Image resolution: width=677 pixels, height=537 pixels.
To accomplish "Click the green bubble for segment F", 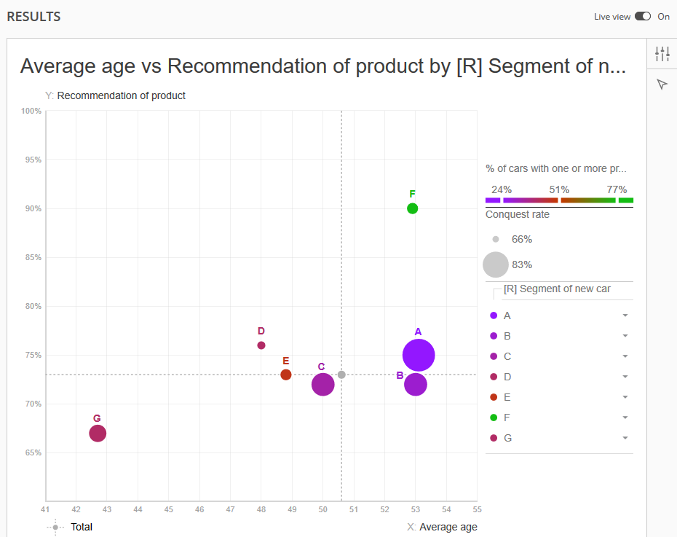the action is pyautogui.click(x=412, y=208).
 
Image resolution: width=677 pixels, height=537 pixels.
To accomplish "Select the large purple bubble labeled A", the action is pyautogui.click(x=419, y=355).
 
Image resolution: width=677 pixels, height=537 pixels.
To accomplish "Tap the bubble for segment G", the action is pyautogui.click(x=98, y=434).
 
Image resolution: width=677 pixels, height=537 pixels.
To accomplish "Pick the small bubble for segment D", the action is pyautogui.click(x=261, y=345).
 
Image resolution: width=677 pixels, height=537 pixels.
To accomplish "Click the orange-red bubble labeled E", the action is pyautogui.click(x=286, y=375).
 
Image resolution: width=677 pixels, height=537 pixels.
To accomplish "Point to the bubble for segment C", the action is pyautogui.click(x=323, y=384).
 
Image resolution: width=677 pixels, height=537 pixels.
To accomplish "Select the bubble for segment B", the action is pyautogui.click(x=416, y=384).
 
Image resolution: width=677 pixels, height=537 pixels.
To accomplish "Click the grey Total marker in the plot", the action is pyautogui.click(x=341, y=375).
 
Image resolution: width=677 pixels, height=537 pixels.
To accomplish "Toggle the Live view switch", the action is pyautogui.click(x=643, y=17).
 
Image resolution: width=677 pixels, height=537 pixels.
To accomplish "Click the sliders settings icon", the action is pyautogui.click(x=662, y=54).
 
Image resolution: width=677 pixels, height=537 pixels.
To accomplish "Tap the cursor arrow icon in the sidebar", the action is pyautogui.click(x=662, y=85).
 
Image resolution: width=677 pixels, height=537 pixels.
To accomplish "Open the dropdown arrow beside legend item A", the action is pyautogui.click(x=625, y=315).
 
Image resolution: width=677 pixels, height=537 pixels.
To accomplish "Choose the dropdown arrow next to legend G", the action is pyautogui.click(x=625, y=438).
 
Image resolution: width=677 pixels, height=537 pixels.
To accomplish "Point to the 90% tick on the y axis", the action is pyautogui.click(x=33, y=208).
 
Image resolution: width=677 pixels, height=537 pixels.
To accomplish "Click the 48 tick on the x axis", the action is pyautogui.click(x=261, y=510).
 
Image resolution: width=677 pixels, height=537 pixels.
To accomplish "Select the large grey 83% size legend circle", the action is pyautogui.click(x=496, y=264).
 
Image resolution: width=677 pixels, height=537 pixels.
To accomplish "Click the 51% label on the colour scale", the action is pyautogui.click(x=559, y=189).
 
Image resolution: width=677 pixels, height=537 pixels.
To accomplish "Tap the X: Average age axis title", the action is pyautogui.click(x=442, y=527).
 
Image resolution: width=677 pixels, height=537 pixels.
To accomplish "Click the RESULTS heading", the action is pyautogui.click(x=33, y=17).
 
